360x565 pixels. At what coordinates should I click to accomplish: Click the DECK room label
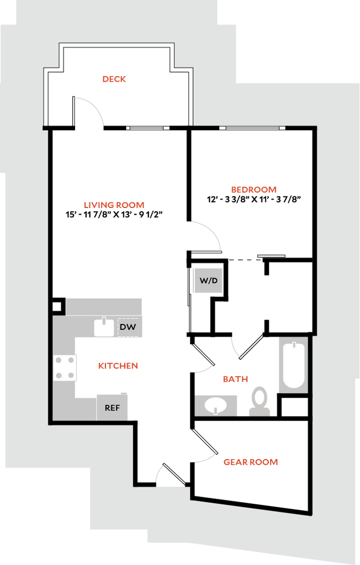tap(115, 79)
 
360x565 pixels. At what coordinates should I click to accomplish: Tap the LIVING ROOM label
tap(114, 205)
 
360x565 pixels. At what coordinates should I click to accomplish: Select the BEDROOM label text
tap(254, 190)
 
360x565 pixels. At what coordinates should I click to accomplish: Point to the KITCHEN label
tap(118, 366)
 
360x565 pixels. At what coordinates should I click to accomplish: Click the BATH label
tap(235, 380)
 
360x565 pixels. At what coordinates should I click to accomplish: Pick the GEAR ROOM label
tap(250, 462)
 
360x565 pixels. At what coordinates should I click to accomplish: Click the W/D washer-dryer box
tap(209, 280)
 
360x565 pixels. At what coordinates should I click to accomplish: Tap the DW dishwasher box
tap(128, 328)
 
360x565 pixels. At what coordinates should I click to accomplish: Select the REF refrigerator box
tap(113, 408)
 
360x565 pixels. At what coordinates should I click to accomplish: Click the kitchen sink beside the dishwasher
tap(104, 328)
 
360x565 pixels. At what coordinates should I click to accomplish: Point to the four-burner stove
tap(65, 367)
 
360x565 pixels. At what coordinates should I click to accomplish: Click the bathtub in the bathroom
tap(294, 365)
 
